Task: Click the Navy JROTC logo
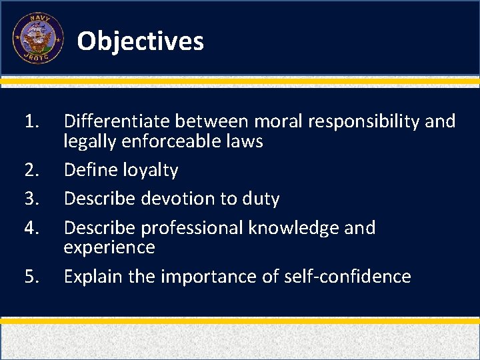[38, 39]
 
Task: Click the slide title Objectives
[140, 41]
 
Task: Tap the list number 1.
[31, 121]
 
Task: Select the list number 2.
[32, 170]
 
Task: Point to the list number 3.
[32, 199]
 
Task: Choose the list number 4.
[32, 228]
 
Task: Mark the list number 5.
[32, 276]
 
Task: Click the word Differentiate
[117, 121]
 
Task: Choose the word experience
[109, 248]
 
